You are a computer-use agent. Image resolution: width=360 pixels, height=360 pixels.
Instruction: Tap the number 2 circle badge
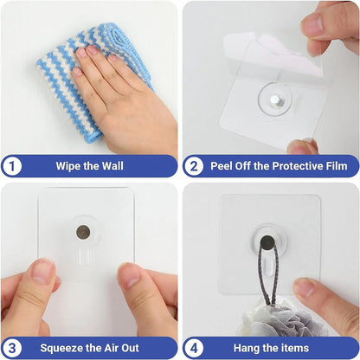(195, 165)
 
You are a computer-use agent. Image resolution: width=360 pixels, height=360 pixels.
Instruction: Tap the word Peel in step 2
(226, 165)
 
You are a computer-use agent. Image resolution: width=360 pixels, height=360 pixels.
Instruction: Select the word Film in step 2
(337, 165)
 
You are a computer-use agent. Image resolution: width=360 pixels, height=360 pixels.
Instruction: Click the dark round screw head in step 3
(83, 232)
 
